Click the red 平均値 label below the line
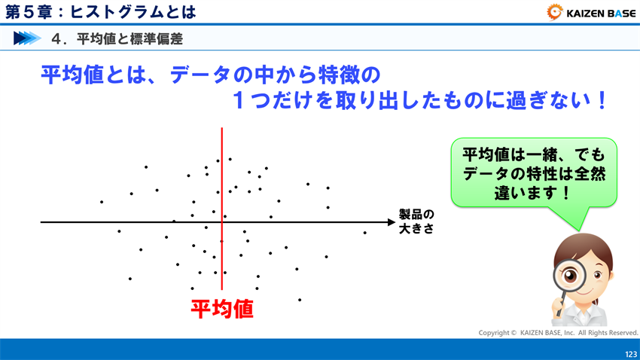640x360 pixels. pyautogui.click(x=221, y=309)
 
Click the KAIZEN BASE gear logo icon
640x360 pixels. pyautogui.click(x=555, y=11)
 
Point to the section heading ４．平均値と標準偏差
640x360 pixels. pyautogui.click(x=117, y=38)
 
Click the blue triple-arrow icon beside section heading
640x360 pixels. pyautogui.click(x=27, y=38)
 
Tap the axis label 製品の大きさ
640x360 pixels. pyautogui.click(x=416, y=221)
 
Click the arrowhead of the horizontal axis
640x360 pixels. pyautogui.click(x=390, y=222)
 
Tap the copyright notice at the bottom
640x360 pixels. pyautogui.click(x=558, y=332)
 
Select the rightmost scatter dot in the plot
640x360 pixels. pyautogui.click(x=364, y=233)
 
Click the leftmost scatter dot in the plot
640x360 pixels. pyautogui.click(x=102, y=202)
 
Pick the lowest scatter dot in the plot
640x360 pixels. pyautogui.click(x=300, y=300)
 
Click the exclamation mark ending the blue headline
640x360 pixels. pyautogui.click(x=601, y=101)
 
